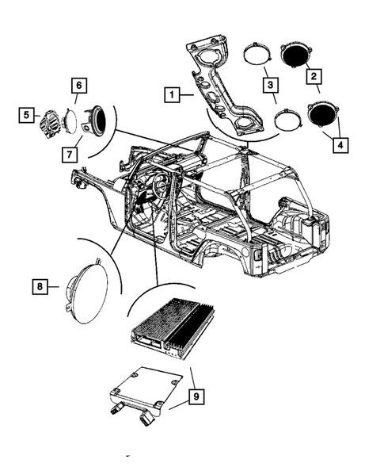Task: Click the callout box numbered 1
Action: [170, 94]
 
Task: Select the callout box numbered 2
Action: [314, 77]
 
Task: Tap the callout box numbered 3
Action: [270, 85]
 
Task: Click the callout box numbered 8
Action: [40, 283]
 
